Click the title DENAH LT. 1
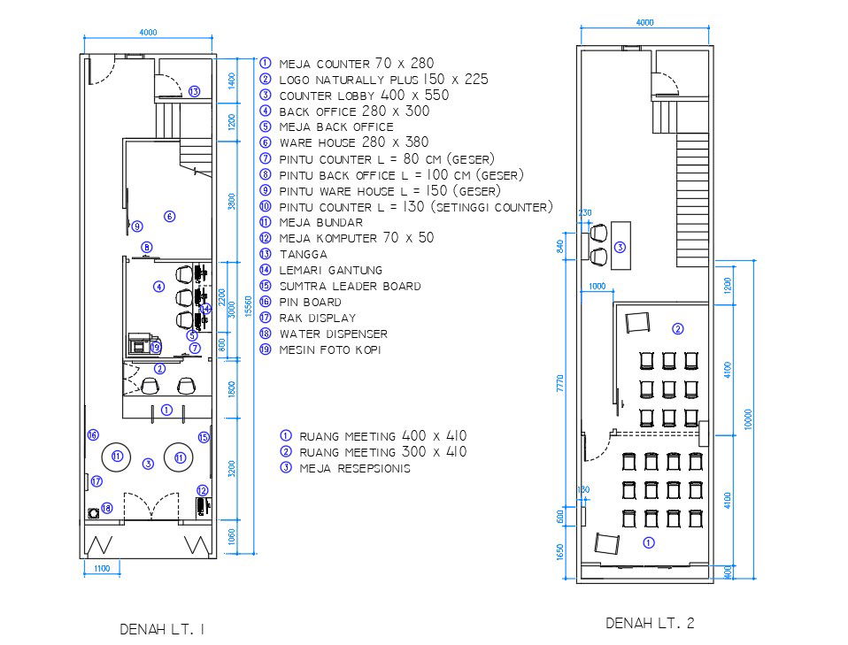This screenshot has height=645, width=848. [x=163, y=629]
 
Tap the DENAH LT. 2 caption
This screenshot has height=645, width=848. [x=650, y=624]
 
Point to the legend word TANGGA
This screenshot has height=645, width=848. [x=304, y=254]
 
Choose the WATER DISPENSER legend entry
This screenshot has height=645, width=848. [x=333, y=334]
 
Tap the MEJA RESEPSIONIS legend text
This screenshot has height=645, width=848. [x=355, y=468]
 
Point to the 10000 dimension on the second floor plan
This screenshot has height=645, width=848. [x=748, y=420]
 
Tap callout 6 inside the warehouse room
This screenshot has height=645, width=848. [x=169, y=216]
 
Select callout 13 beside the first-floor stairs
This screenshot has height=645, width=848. [x=194, y=91]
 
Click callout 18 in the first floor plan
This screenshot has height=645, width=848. [x=106, y=508]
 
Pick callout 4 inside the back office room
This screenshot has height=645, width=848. [x=158, y=287]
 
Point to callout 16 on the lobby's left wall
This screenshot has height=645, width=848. [x=92, y=434]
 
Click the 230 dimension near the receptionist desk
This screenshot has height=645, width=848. [x=584, y=213]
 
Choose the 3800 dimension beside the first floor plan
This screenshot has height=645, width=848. [x=232, y=201]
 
